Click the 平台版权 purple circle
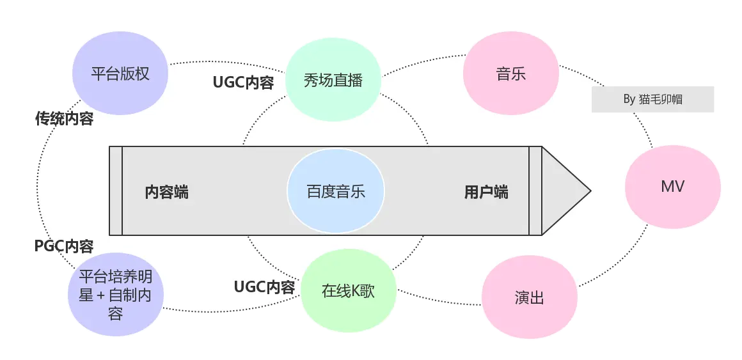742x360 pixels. tap(120, 73)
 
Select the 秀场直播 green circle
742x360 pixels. tap(333, 80)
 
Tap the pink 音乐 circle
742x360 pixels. tap(510, 73)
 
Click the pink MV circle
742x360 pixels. tap(672, 187)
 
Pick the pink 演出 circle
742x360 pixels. tap(529, 298)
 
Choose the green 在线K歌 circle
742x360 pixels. tap(348, 291)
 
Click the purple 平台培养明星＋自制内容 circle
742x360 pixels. tap(115, 295)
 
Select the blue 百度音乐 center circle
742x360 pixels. tap(335, 191)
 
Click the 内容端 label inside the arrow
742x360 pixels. tap(166, 192)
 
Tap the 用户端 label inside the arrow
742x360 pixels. tap(486, 192)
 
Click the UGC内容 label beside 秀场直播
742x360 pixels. tap(243, 83)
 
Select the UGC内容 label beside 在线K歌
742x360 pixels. tap(264, 287)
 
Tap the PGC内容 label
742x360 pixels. tap(64, 246)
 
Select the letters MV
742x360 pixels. tap(672, 187)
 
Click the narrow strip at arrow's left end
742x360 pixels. tap(116, 191)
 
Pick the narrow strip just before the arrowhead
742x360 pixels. tap(535, 191)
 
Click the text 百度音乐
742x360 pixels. tap(335, 191)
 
